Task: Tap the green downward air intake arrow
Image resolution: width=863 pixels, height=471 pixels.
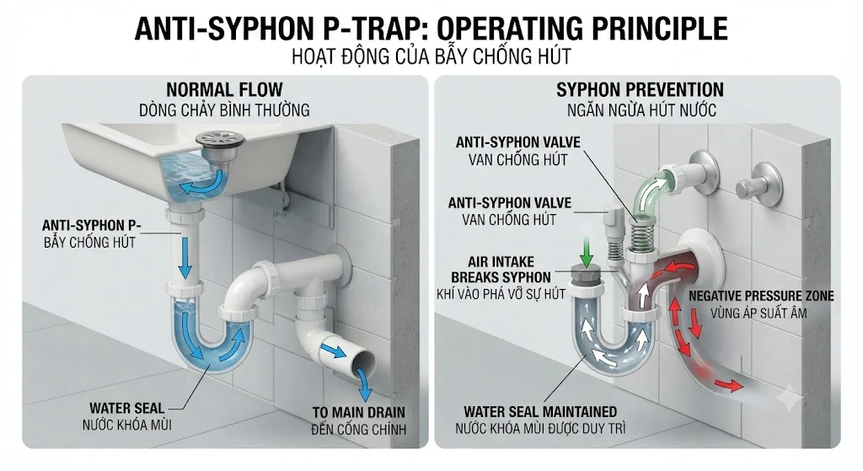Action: (587, 250)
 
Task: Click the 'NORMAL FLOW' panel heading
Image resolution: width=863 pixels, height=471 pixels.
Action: (224, 89)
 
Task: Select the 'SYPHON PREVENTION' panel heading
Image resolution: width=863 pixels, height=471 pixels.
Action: (640, 89)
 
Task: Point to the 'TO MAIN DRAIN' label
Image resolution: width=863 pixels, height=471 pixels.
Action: (359, 412)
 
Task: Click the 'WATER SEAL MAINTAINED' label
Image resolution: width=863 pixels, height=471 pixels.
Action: (540, 411)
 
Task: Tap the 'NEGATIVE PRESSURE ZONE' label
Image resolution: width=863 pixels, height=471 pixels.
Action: (761, 296)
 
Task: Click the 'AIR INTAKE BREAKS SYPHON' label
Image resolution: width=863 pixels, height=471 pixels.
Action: (501, 270)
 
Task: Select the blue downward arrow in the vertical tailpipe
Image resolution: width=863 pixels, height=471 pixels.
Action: (185, 258)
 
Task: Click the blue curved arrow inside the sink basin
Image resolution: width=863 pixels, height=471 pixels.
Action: (204, 184)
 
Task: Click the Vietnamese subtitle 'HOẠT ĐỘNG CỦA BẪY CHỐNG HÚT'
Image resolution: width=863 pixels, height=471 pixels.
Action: (431, 56)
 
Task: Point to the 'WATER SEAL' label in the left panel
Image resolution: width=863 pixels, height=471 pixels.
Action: (127, 409)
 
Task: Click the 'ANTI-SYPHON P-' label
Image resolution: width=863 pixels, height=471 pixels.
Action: (91, 225)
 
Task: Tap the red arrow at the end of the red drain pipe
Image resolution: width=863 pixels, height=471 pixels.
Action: (727, 384)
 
